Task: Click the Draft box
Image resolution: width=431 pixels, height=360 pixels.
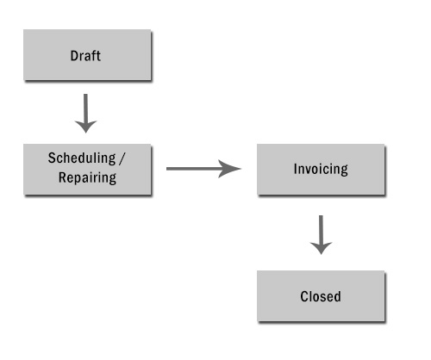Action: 87,55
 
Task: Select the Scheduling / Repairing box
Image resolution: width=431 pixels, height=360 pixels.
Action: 87,170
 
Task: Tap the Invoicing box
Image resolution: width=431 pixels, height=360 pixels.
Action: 321,170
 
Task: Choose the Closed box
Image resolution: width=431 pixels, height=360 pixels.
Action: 321,296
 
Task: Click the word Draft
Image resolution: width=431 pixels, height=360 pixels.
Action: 85,56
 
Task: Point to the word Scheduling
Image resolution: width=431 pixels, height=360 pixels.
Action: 82,158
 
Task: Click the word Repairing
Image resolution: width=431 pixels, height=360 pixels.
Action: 87,178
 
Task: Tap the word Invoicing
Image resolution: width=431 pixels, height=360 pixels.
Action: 321,169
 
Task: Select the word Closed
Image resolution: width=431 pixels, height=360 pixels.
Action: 321,296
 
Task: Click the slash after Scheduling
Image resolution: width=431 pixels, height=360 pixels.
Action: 122,158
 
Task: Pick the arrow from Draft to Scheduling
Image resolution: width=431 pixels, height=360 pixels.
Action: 85,114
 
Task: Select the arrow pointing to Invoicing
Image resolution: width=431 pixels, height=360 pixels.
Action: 203,169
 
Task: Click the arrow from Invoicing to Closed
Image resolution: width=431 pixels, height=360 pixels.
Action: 321,235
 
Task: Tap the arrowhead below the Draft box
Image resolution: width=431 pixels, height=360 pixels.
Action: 85,127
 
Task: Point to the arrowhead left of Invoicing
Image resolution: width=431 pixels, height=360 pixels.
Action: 229,169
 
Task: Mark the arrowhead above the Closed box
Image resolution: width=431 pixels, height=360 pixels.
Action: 321,248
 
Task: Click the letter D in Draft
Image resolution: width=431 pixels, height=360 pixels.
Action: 74,56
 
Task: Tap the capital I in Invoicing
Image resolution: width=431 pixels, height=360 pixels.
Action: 296,169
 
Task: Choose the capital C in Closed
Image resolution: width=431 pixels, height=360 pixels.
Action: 304,296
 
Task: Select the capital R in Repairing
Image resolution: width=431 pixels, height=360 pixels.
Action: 62,177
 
